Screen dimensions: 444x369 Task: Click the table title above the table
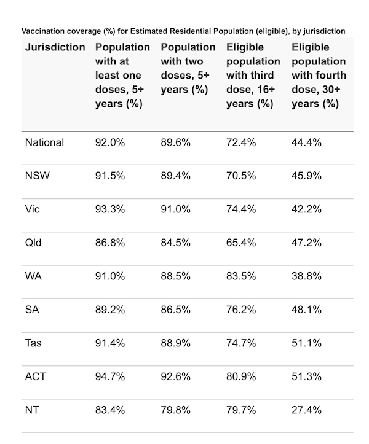tap(183, 30)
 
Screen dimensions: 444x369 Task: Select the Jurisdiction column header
tap(55, 47)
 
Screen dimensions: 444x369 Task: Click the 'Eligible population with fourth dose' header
tap(319, 76)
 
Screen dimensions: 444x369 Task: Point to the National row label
tap(44, 142)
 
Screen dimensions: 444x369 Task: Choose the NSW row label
tap(37, 176)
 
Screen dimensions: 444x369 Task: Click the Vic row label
tap(33, 209)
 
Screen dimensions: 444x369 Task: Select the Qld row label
tap(33, 243)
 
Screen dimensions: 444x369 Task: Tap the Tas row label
tap(34, 343)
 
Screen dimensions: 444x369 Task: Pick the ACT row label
tap(36, 376)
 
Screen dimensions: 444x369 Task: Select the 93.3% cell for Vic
tap(110, 209)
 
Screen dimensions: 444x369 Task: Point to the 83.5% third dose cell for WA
tap(242, 276)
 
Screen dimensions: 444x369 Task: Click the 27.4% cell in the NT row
tap(306, 410)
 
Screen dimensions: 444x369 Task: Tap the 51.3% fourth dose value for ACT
tap(306, 376)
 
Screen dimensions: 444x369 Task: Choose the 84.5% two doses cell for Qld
tap(176, 243)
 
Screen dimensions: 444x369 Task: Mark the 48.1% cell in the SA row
tap(306, 310)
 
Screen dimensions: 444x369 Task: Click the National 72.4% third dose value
tap(242, 142)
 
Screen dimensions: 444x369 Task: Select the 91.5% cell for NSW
tap(110, 176)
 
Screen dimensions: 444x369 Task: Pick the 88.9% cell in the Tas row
tap(176, 343)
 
